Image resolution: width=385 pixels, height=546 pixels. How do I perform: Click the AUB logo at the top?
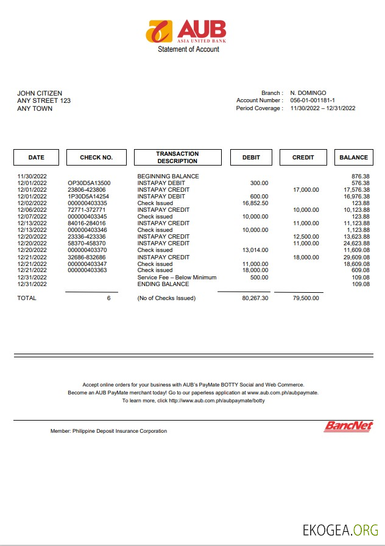coord(186,31)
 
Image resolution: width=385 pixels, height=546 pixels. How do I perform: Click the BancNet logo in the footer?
coord(348,426)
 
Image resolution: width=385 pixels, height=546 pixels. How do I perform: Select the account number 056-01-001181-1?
coord(312,100)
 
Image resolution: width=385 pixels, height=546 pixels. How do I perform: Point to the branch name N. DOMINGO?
coord(308,93)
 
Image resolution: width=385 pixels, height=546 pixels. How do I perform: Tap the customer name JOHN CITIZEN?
coord(40,93)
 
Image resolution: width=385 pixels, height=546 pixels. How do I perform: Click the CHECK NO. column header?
coord(96,157)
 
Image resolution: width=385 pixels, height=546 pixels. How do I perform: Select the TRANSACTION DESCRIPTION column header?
coord(177,157)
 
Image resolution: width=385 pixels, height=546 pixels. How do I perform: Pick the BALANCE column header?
coord(353,157)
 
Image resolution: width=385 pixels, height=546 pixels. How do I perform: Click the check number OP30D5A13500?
coord(89,183)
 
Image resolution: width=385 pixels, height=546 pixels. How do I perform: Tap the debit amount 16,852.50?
coord(255,203)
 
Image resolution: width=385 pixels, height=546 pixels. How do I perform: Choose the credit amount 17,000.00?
coord(306,189)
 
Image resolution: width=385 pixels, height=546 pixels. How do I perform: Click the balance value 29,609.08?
coord(356,257)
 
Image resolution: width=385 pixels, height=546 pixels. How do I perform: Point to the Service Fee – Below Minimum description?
coord(177,277)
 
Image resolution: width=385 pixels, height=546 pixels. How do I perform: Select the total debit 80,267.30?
coord(255,298)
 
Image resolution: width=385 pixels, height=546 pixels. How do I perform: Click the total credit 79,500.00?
coord(306,298)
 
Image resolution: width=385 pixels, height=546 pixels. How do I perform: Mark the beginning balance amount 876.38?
coord(359,176)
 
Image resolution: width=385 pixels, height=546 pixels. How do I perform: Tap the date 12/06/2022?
coord(32,209)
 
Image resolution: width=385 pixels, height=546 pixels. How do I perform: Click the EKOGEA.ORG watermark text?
coord(340,530)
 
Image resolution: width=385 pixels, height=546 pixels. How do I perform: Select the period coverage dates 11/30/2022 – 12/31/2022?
coord(322,108)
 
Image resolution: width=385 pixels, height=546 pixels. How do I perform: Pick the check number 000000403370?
coord(87,250)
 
